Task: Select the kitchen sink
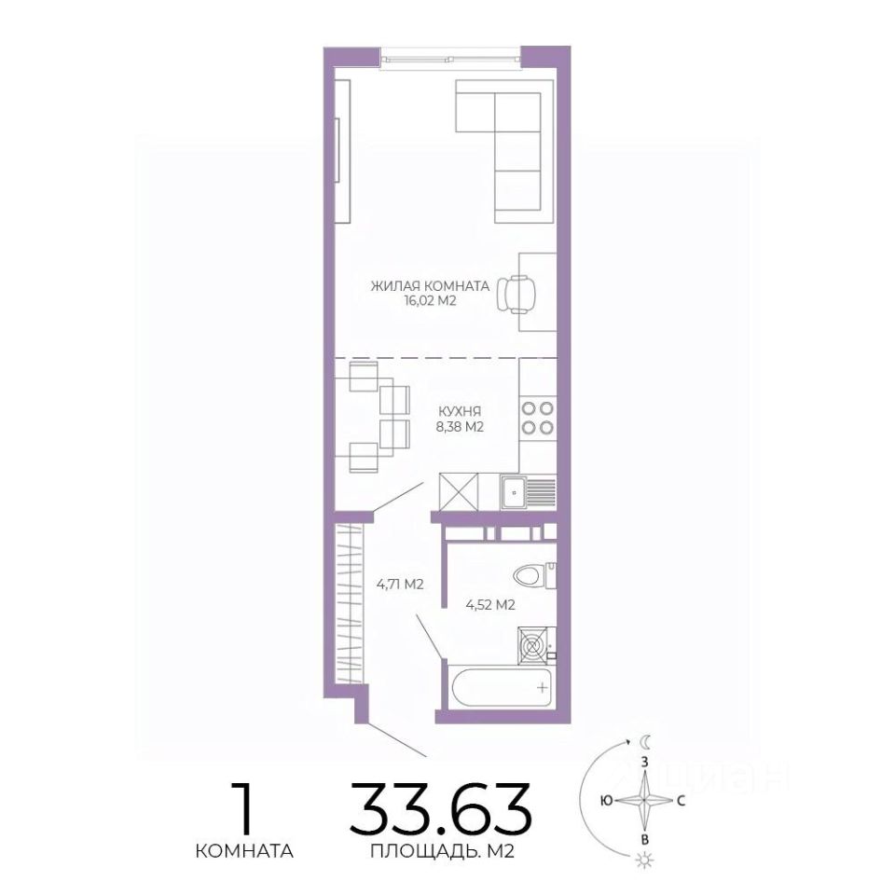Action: point(529,492)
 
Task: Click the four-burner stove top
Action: point(538,418)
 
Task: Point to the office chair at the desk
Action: point(516,294)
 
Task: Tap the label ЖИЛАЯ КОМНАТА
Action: point(430,286)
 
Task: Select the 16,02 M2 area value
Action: point(430,301)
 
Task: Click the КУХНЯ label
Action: point(460,411)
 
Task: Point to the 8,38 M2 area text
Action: point(460,426)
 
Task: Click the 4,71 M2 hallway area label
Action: point(400,584)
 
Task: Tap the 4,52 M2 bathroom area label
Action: point(490,605)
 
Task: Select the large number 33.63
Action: point(441,808)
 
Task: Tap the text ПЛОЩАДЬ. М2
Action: point(442,851)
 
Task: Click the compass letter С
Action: point(681,801)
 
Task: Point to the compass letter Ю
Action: point(607,801)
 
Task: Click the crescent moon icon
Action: point(645,742)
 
